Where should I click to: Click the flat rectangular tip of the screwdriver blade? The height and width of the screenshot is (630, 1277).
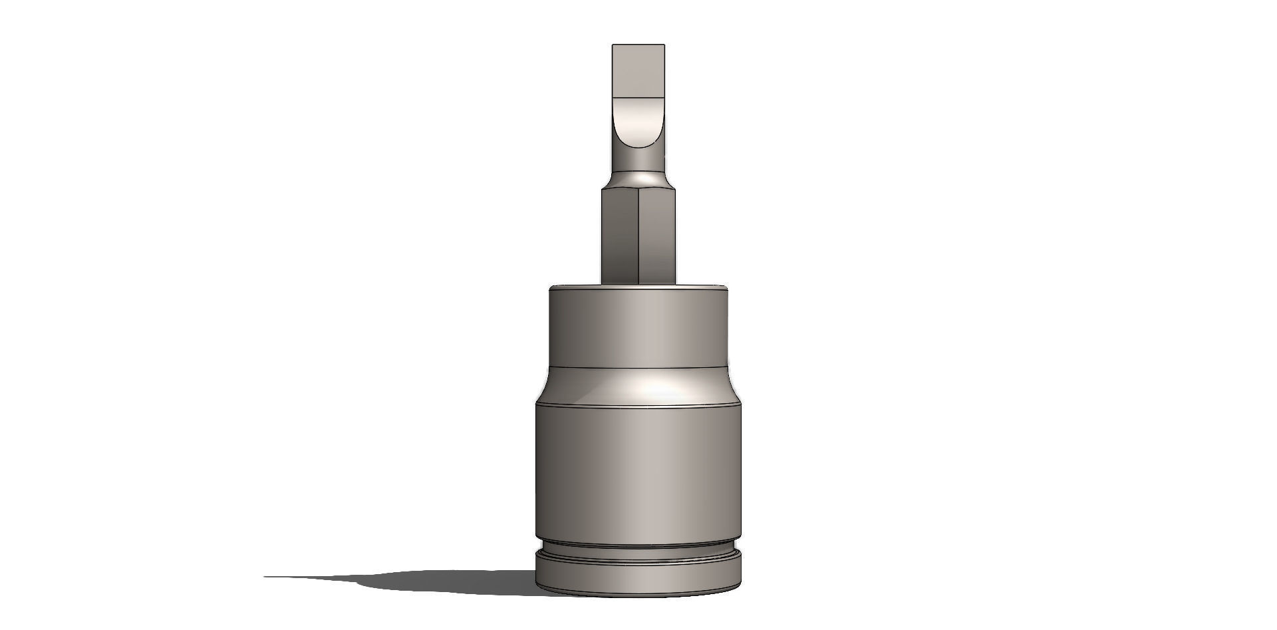(x=638, y=70)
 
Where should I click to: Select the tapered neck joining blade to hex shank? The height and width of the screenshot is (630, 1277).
(x=638, y=178)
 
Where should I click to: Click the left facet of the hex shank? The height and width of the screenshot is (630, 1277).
(x=619, y=236)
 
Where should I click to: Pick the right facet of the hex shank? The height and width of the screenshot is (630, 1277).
(x=656, y=236)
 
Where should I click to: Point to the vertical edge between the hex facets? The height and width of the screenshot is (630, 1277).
(x=638, y=236)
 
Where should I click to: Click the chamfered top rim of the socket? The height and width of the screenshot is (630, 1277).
(x=638, y=288)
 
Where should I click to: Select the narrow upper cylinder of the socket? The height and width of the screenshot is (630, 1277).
(x=638, y=328)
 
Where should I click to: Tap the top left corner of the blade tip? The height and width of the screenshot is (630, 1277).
(x=613, y=45)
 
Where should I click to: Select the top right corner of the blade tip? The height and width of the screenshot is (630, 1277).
(x=664, y=45)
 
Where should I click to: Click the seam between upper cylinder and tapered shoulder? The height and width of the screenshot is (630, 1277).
(x=638, y=368)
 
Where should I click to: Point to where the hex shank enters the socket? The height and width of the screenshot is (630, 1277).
(x=638, y=284)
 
